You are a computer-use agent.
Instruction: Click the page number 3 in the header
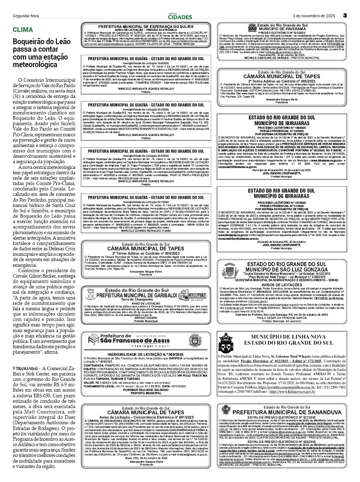pos(345,16)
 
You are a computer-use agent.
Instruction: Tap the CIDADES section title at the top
pos(180,17)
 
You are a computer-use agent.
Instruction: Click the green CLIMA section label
pos(23,30)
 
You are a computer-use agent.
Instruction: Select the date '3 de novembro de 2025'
pos(314,16)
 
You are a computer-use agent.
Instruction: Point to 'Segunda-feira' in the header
pos(26,16)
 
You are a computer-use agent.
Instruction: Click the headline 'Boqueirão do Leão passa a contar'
pos(42,45)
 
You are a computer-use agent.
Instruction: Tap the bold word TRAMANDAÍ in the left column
pos(28,368)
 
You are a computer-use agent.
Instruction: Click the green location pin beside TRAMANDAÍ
pos(14,368)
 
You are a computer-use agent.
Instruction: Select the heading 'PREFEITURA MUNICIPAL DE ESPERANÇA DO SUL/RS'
pos(145,27)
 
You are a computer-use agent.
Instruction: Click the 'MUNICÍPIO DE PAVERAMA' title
pos(282,29)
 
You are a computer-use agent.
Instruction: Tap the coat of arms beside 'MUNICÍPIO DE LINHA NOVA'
pos(226,342)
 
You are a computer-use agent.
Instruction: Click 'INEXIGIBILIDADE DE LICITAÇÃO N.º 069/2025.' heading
pos(146,354)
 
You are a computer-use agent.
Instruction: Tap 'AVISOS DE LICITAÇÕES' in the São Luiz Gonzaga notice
pos(281,285)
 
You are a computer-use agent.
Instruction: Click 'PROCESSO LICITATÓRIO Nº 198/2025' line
pos(281,128)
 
